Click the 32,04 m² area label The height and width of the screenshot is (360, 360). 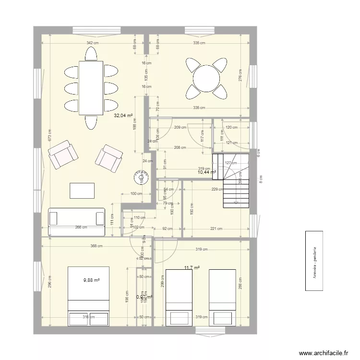[x=123, y=115]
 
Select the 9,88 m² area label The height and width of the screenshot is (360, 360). [x=91, y=280]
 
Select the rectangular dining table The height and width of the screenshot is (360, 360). [x=91, y=86]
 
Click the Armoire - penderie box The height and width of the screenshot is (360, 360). [x=315, y=261]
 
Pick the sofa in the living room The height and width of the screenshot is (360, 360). [x=77, y=222]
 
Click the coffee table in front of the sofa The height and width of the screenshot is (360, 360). [x=83, y=191]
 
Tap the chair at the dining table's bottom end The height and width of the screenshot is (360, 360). [x=91, y=123]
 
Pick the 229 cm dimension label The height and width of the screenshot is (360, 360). [x=217, y=189]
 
